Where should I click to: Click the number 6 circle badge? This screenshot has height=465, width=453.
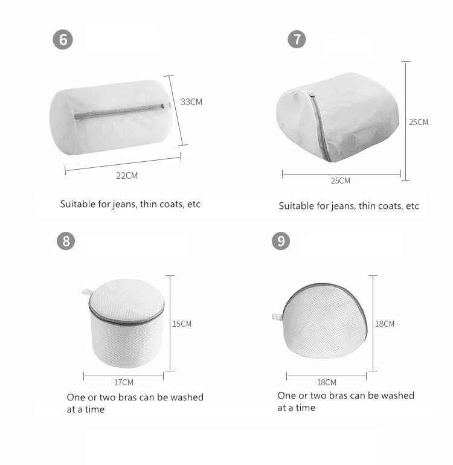[x=63, y=39]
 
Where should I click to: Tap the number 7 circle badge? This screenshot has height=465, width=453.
[x=297, y=39]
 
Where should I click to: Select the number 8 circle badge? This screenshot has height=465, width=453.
[x=66, y=241]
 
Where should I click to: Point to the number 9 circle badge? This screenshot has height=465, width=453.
[x=281, y=241]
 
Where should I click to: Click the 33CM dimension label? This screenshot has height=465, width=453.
[x=191, y=102]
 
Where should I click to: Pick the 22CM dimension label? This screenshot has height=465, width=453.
[x=127, y=176]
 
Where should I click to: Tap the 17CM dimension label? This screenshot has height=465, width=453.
[x=124, y=382]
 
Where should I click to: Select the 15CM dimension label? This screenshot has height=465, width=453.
[x=182, y=324]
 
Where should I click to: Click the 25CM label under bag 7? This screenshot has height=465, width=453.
[x=341, y=181]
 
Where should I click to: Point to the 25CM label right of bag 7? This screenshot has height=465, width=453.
[x=419, y=122]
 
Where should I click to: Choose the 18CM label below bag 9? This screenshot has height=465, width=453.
[x=327, y=382]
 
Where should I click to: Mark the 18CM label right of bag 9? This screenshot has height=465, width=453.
[x=385, y=324]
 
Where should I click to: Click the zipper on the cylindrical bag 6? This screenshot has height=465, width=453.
[x=119, y=111]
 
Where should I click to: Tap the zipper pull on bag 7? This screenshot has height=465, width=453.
[x=312, y=95]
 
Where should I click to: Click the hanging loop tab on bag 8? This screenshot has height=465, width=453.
[x=86, y=292]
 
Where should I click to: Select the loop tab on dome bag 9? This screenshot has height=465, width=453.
[x=277, y=316]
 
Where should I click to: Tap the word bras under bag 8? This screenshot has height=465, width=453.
[x=127, y=397]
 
